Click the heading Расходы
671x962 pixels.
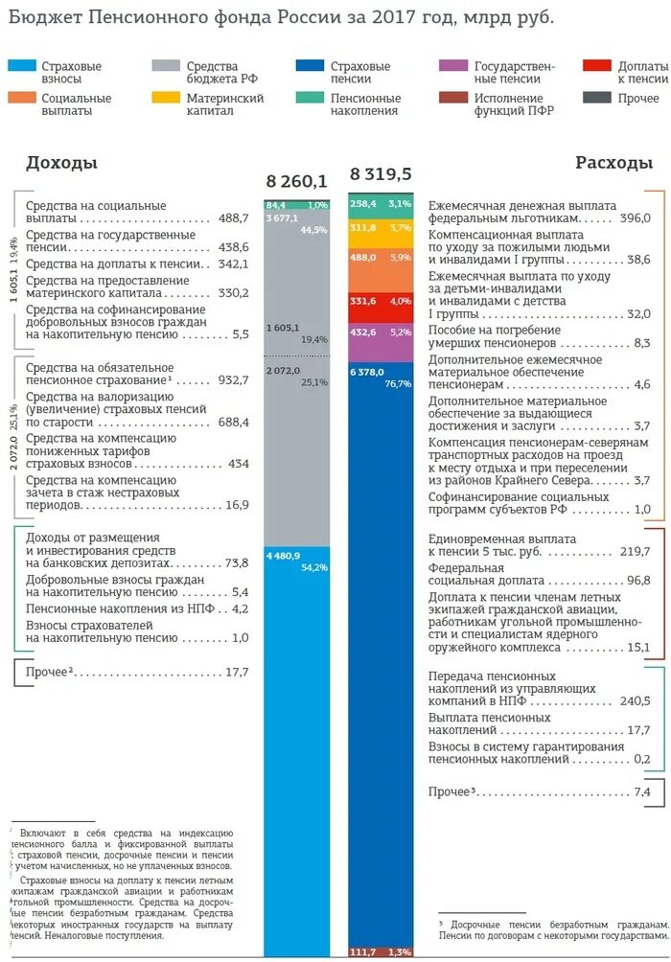click(614, 163)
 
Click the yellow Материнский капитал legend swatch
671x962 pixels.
click(167, 98)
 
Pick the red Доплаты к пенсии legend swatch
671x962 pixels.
click(596, 66)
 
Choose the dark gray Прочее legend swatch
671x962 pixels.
click(596, 98)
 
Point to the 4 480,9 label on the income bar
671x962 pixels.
click(284, 556)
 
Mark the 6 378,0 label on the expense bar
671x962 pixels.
click(367, 372)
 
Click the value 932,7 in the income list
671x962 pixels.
click(233, 380)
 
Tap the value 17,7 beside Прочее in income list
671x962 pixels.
click(237, 672)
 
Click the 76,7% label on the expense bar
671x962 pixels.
click(398, 383)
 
